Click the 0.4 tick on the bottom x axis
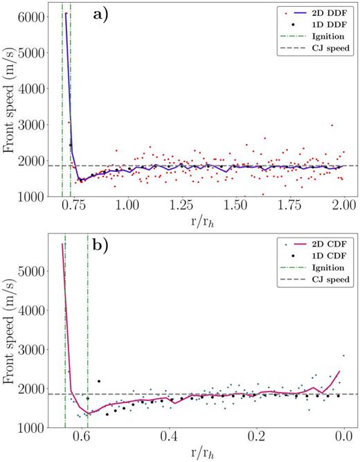point(169,438)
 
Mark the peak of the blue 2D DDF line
point(66,13)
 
